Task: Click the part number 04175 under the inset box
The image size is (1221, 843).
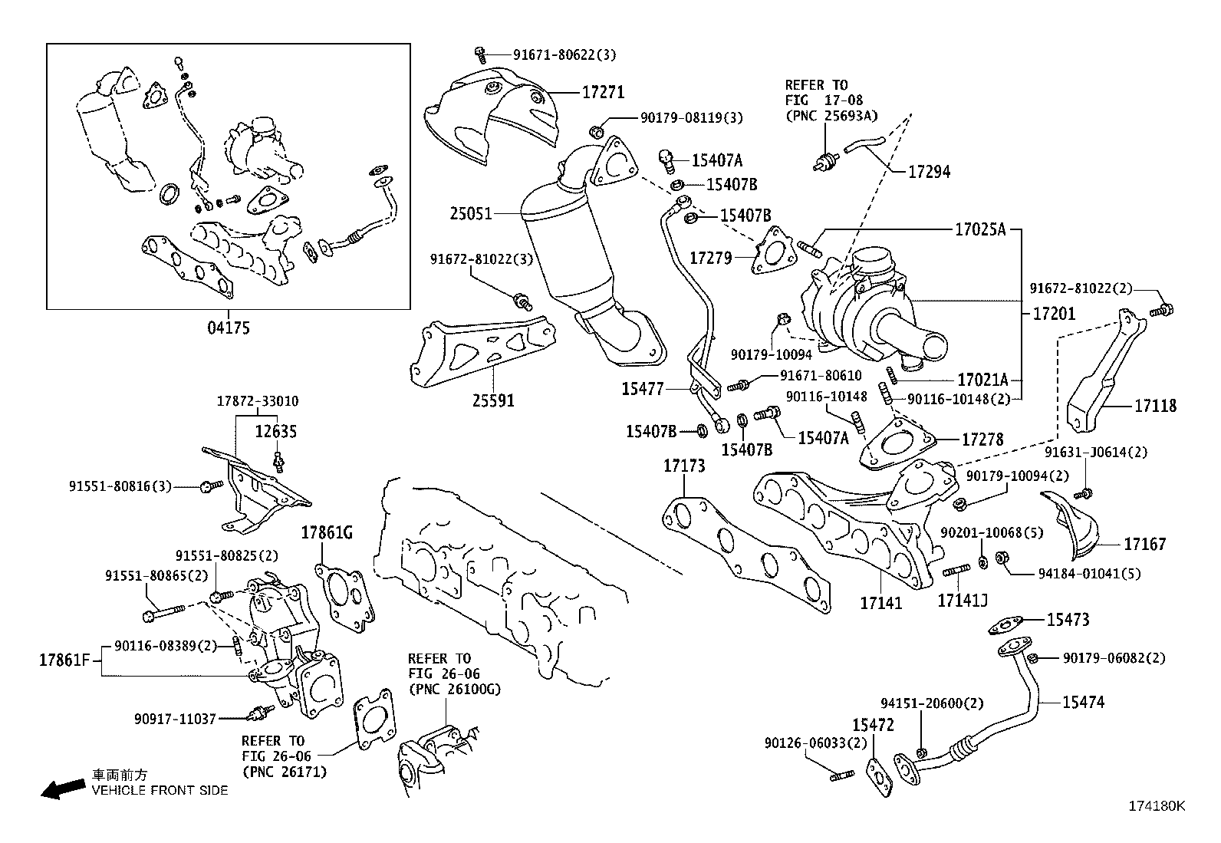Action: tap(228, 328)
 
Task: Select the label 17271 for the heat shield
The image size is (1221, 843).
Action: tap(603, 93)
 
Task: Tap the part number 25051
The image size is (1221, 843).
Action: tap(471, 213)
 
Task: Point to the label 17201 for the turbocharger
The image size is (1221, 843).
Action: tap(1054, 314)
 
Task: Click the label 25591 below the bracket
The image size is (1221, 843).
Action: tap(493, 400)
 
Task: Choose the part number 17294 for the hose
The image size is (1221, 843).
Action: tap(929, 172)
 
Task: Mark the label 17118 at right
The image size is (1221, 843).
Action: tap(1155, 406)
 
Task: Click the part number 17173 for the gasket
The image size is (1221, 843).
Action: tap(684, 466)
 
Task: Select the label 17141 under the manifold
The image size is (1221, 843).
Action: tap(880, 604)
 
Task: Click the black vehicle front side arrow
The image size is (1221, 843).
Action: tap(62, 789)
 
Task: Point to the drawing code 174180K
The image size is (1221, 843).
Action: tap(1156, 806)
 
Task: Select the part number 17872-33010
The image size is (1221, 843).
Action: tap(258, 401)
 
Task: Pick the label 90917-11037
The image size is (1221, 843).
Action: tap(175, 719)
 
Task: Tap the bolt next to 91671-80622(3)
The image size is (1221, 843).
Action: tap(480, 54)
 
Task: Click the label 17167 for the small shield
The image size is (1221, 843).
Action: tap(1144, 545)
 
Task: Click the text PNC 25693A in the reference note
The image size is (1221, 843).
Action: tap(831, 116)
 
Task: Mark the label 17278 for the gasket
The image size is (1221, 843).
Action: tap(982, 440)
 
